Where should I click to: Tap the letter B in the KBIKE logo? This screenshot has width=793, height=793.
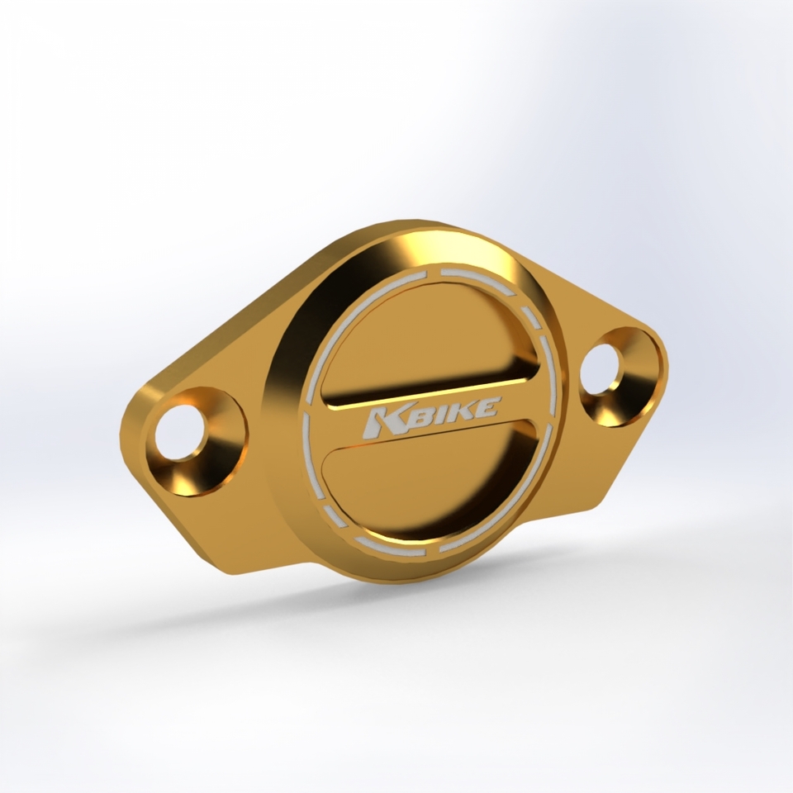tap(408, 416)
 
